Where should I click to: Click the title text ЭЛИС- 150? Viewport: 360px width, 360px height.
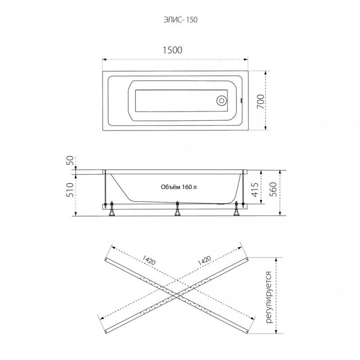tap(180, 20)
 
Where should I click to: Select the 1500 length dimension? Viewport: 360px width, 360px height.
tap(172, 50)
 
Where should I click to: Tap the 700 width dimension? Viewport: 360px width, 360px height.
tap(261, 102)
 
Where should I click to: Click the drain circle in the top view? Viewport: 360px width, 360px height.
tap(221, 100)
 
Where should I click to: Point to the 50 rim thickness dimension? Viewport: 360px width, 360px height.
tap(71, 161)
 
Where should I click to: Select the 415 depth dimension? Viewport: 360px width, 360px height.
tap(255, 189)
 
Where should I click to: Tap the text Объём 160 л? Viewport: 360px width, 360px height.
tap(179, 187)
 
